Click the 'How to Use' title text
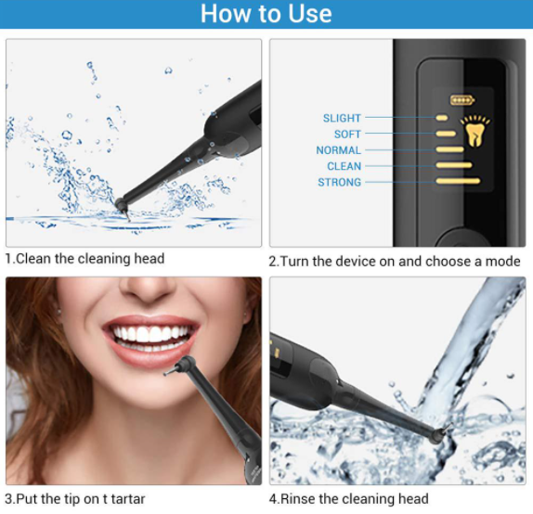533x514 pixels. [266, 14]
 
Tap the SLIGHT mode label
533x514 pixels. [342, 118]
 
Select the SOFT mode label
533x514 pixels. [347, 135]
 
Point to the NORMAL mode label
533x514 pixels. [338, 150]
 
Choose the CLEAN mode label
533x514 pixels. [344, 166]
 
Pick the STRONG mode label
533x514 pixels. [339, 183]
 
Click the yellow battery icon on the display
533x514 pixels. [462, 100]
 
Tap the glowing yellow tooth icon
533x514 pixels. [474, 131]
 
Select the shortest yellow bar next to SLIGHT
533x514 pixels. [442, 118]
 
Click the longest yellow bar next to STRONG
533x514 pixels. [458, 181]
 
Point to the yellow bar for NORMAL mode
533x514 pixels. [449, 149]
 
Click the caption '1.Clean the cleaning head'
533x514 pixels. [84, 259]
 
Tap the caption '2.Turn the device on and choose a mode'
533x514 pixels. [395, 262]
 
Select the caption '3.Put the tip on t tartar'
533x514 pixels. [75, 499]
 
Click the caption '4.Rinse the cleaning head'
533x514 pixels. [349, 499]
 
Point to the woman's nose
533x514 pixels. [149, 289]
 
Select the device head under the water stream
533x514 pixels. [440, 434]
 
